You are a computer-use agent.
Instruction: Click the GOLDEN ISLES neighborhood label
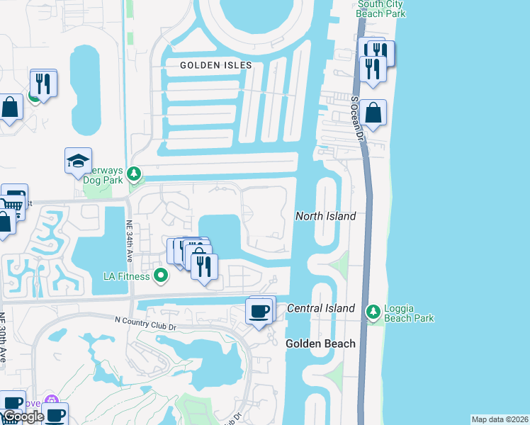click(216, 65)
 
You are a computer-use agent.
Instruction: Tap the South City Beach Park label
click(381, 8)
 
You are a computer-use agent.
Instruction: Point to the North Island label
click(325, 216)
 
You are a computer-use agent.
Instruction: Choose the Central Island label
click(321, 308)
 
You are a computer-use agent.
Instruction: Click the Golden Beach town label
click(320, 344)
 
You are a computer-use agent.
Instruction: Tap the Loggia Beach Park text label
click(409, 313)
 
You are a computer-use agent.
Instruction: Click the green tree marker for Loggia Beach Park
click(373, 312)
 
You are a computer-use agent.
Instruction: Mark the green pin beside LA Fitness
click(161, 276)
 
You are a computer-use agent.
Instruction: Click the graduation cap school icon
click(78, 161)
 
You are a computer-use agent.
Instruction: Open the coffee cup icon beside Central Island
click(258, 310)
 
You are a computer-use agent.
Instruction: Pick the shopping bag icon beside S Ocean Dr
click(373, 113)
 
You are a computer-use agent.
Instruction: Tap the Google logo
click(23, 416)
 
